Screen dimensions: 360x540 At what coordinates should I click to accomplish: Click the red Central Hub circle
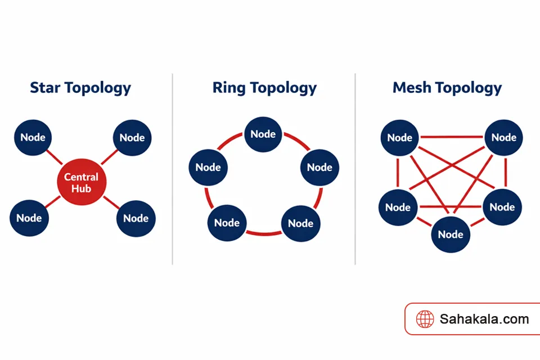click(x=82, y=183)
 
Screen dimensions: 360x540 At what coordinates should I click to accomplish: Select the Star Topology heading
click(x=80, y=88)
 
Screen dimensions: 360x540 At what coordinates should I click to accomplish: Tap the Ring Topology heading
click(x=264, y=88)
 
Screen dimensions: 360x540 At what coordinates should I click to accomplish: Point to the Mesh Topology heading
click(x=447, y=88)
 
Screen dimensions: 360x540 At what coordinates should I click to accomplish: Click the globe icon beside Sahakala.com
click(x=425, y=319)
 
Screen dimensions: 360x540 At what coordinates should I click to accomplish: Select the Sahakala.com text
click(x=484, y=319)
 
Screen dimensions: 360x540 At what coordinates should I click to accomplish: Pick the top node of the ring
click(x=263, y=134)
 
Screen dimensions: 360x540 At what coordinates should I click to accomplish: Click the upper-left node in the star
click(x=33, y=138)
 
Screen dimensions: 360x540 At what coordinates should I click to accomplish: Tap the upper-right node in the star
click(x=132, y=138)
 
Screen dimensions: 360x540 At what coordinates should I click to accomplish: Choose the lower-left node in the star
click(x=29, y=218)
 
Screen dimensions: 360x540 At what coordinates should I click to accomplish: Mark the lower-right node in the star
click(x=136, y=218)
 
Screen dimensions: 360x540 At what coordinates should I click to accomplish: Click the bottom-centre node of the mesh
click(x=451, y=234)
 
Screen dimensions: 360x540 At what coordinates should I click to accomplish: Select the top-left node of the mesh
click(x=400, y=138)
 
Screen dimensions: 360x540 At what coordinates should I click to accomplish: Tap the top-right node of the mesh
click(x=503, y=138)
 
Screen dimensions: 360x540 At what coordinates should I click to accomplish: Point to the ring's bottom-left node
click(x=227, y=223)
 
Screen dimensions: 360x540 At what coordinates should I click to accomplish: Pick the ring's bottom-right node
click(x=300, y=223)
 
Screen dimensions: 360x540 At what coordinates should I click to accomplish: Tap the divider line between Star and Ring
click(x=173, y=169)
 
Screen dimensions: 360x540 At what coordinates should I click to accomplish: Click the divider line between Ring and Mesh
click(x=355, y=169)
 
